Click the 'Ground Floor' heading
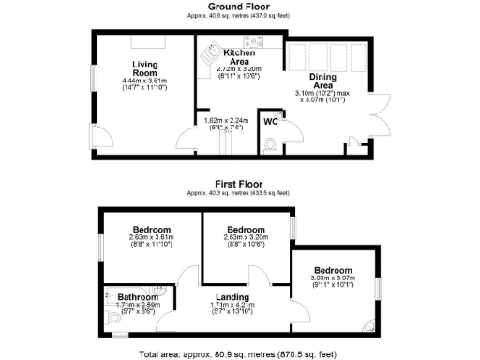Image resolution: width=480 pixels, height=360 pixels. coord(240,7)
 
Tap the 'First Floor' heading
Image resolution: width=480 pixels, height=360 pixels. coord(238,184)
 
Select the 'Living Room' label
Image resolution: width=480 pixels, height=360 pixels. coord(144,69)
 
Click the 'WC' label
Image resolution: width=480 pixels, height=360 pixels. coord(270,122)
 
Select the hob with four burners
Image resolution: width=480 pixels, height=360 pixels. coord(253,42)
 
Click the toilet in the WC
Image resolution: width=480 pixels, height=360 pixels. coord(271,145)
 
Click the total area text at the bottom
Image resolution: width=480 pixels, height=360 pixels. coord(238,354)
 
